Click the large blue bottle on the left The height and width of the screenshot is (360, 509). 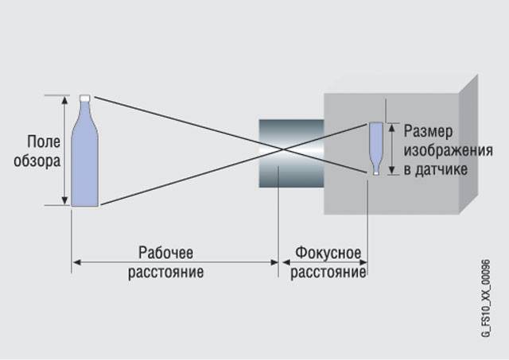(x=84, y=159)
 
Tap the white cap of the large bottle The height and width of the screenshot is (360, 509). (x=85, y=97)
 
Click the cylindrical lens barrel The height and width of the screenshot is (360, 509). (x=291, y=153)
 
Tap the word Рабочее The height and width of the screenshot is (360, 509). (x=165, y=252)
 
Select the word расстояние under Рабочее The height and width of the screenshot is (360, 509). (x=165, y=272)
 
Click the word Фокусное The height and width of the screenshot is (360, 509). (x=328, y=252)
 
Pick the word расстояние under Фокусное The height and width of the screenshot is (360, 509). (x=328, y=272)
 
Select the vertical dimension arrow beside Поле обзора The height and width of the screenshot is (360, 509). (x=65, y=151)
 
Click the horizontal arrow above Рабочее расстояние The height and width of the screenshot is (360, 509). (x=174, y=261)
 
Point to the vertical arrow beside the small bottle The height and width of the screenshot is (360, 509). (x=391, y=148)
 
